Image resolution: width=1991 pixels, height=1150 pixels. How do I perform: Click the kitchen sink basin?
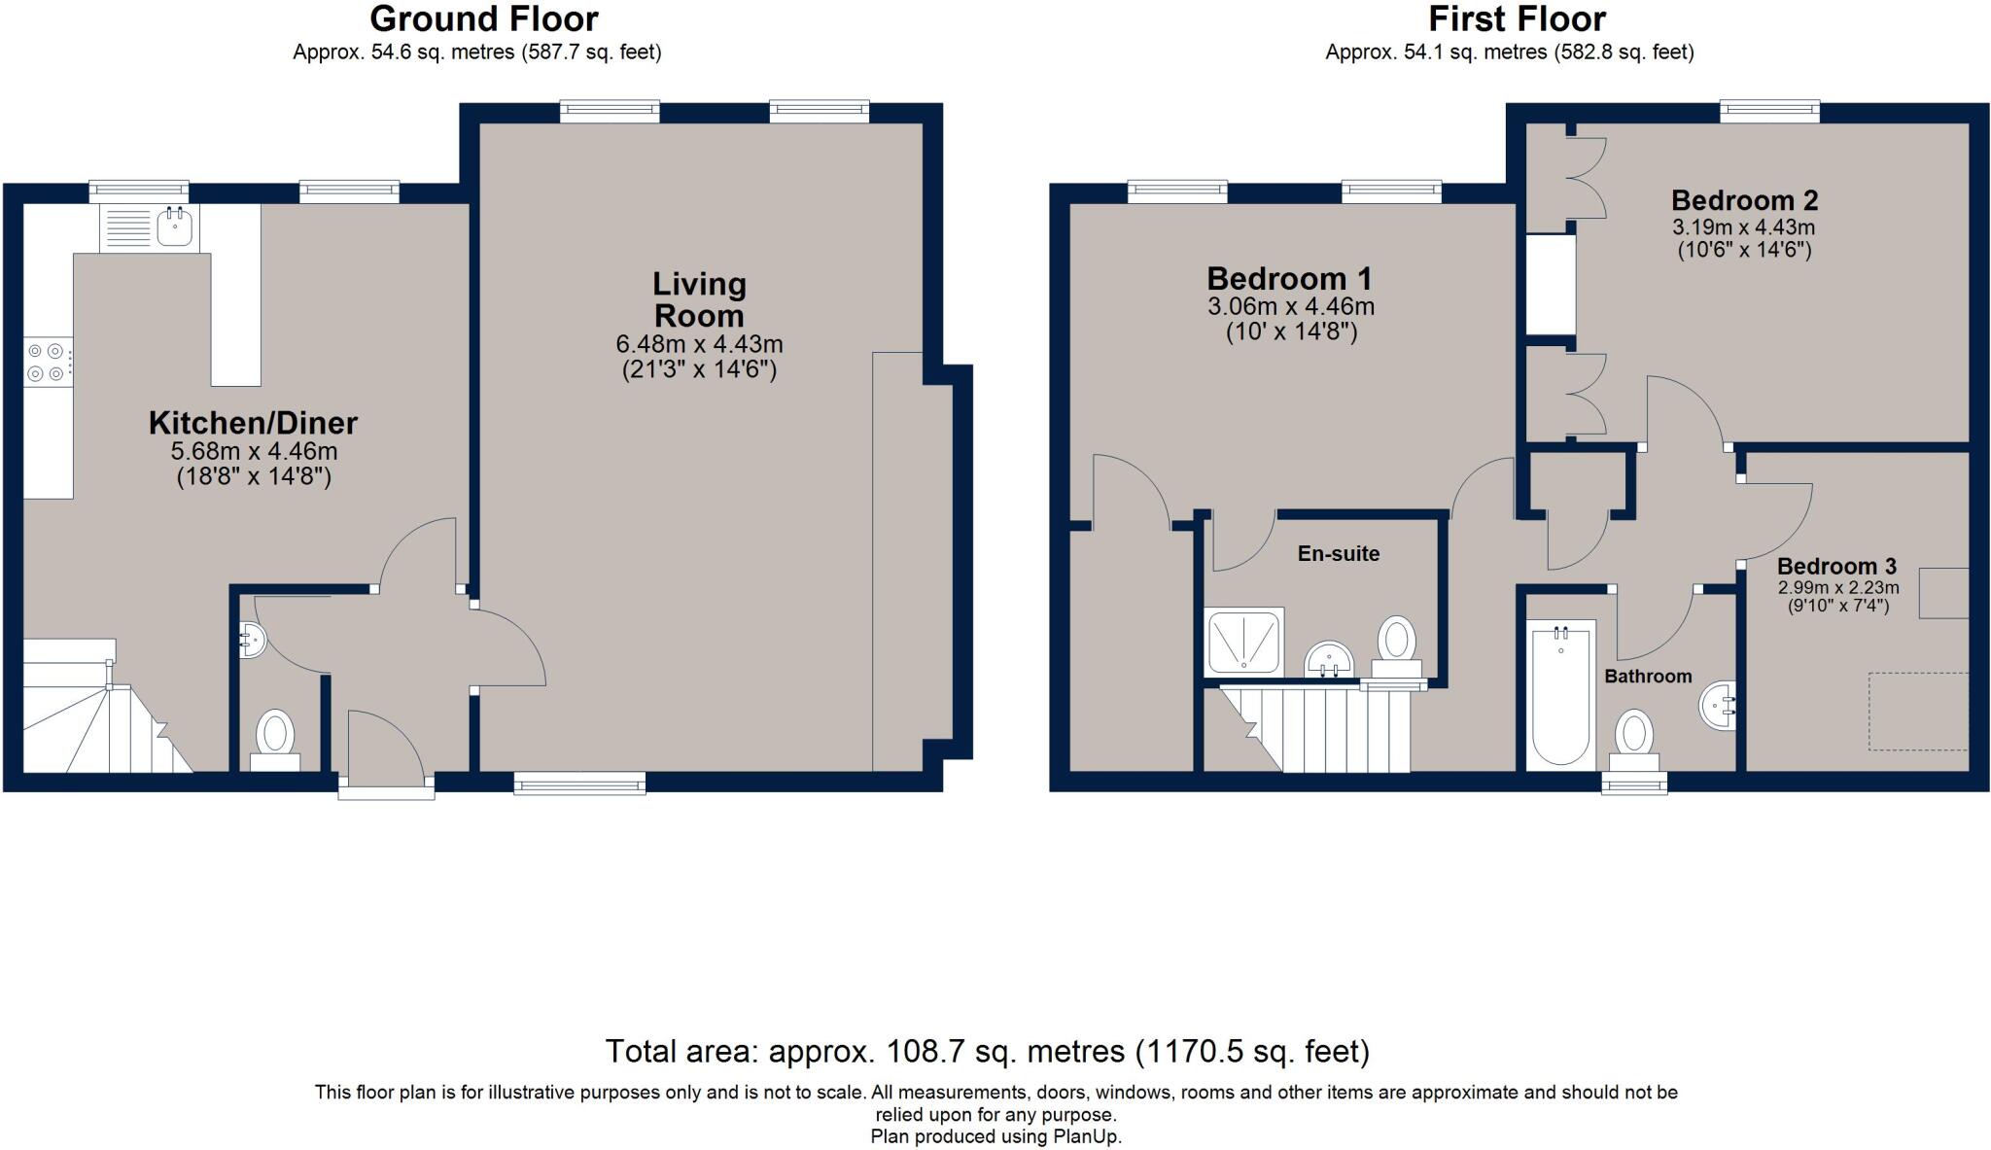pyautogui.click(x=175, y=227)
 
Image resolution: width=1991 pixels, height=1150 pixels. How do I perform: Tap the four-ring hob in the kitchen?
pyautogui.click(x=48, y=362)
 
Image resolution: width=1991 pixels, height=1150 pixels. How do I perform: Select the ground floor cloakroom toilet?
pyautogui.click(x=275, y=741)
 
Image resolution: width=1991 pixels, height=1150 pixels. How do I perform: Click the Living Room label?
pyautogui.click(x=699, y=299)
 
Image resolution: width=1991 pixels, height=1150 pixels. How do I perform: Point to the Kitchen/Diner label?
pyautogui.click(x=253, y=423)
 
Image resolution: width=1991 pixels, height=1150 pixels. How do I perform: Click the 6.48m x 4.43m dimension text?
pyautogui.click(x=699, y=344)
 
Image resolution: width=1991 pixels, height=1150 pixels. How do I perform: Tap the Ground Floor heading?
pyautogui.click(x=484, y=18)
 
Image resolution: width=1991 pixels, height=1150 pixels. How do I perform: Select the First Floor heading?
pyautogui.click(x=1517, y=18)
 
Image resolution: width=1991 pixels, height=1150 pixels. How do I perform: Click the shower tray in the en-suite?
pyautogui.click(x=1244, y=642)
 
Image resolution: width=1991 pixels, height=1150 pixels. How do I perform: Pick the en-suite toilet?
pyautogui.click(x=1397, y=645)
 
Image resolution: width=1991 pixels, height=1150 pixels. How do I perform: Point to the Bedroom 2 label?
pyautogui.click(x=1744, y=200)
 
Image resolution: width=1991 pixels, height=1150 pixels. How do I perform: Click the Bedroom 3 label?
pyautogui.click(x=1836, y=566)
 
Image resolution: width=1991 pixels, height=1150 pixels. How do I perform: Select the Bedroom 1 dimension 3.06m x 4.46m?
pyautogui.click(x=1290, y=307)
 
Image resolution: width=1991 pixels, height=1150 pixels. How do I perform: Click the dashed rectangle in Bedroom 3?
pyautogui.click(x=1918, y=712)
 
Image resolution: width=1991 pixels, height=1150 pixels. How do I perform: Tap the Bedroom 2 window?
pyautogui.click(x=1769, y=112)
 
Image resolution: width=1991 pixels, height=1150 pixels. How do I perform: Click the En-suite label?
pyautogui.click(x=1338, y=553)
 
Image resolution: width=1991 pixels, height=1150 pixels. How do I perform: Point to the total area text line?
pyautogui.click(x=987, y=1051)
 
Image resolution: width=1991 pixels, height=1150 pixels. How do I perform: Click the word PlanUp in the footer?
pyautogui.click(x=1087, y=1136)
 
